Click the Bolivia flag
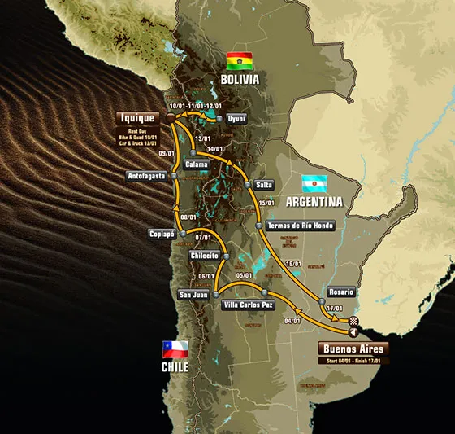(239, 60)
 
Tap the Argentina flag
(314, 183)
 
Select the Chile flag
(175, 350)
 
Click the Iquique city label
(137, 117)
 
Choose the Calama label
(197, 164)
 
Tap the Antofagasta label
(147, 176)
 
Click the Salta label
(263, 185)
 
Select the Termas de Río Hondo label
(301, 226)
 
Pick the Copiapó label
(162, 234)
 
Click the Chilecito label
(205, 255)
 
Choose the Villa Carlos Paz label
(247, 305)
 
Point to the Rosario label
(341, 292)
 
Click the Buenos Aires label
(353, 349)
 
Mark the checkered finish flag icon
(354, 321)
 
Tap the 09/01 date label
(167, 154)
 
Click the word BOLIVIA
(240, 79)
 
